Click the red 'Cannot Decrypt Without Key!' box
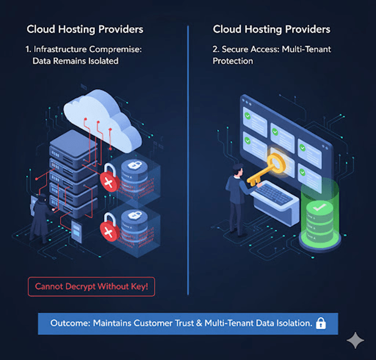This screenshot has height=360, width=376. point(91,287)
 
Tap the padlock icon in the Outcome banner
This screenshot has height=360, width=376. point(321,323)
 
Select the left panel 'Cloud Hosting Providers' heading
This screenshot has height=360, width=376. point(85,29)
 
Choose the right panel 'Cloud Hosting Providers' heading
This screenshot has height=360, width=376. point(271,29)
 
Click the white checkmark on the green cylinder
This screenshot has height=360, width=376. point(319,205)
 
